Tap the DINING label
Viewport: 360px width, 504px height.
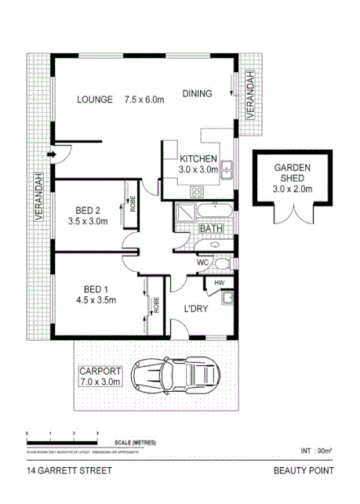click(x=197, y=94)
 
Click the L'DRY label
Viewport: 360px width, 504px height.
click(x=196, y=310)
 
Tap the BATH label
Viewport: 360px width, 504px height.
click(x=211, y=229)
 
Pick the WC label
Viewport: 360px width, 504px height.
click(x=202, y=262)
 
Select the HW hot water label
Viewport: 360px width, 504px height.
click(x=219, y=282)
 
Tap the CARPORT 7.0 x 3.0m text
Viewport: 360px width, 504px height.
click(x=100, y=376)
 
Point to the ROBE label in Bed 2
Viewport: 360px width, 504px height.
click(x=133, y=205)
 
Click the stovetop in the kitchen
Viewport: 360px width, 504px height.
click(x=198, y=190)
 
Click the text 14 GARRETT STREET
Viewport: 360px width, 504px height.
click(x=68, y=471)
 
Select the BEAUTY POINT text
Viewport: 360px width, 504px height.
click(x=304, y=471)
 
